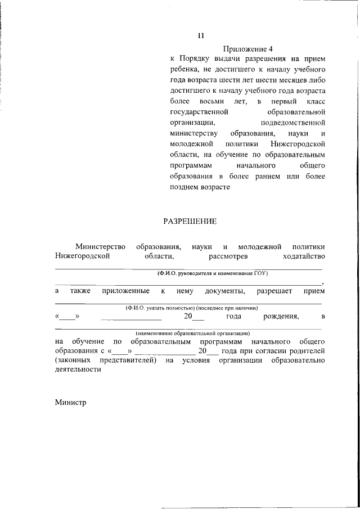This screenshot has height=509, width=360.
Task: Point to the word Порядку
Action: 195,58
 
